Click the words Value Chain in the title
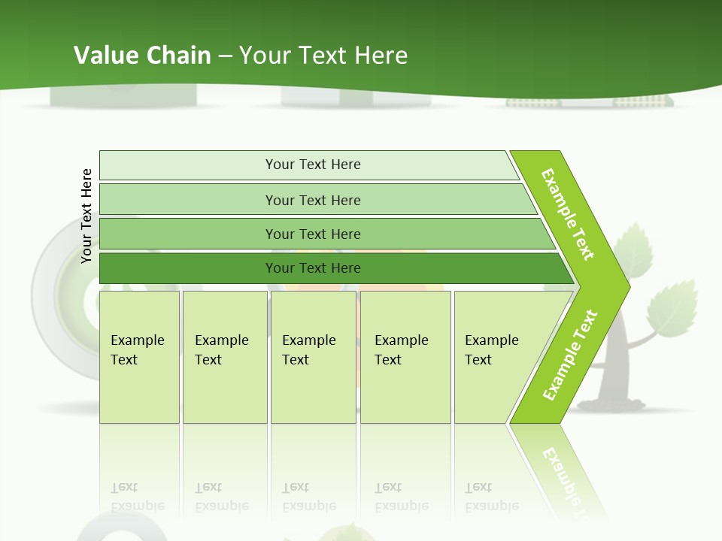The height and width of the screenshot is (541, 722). click(x=142, y=55)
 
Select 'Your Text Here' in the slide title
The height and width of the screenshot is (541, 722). click(x=323, y=55)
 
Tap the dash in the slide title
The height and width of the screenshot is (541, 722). click(x=224, y=56)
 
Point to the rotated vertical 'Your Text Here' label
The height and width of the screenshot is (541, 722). click(x=86, y=216)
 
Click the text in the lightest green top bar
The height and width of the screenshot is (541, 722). click(x=313, y=165)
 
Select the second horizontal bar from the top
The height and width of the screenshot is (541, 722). click(x=313, y=200)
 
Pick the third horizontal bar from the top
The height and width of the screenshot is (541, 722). click(x=313, y=234)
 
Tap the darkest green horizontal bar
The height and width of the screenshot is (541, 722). click(x=313, y=268)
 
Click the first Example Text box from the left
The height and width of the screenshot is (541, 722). click(x=139, y=357)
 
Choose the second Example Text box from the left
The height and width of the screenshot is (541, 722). click(x=224, y=357)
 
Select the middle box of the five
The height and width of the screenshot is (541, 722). click(x=313, y=357)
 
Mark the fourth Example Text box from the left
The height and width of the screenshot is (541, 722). click(x=405, y=357)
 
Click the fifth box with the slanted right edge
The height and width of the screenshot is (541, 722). click(x=496, y=357)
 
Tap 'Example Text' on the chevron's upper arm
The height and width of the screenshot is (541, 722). click(x=568, y=214)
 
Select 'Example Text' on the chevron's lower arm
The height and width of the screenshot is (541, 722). click(x=570, y=355)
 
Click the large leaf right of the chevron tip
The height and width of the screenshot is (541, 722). click(x=672, y=307)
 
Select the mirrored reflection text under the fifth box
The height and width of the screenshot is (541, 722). click(x=490, y=497)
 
